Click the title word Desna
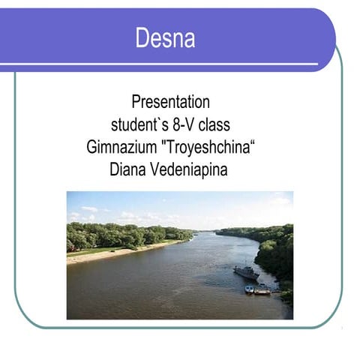click(x=165, y=37)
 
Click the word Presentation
click(x=170, y=102)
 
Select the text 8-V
click(x=185, y=124)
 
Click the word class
click(x=215, y=124)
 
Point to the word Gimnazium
click(x=121, y=147)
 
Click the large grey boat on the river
click(x=246, y=273)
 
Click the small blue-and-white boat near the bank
click(x=249, y=289)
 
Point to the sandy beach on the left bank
click(x=97, y=256)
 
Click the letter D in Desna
click(x=142, y=37)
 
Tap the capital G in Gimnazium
click(x=91, y=147)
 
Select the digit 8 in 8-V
click(x=175, y=124)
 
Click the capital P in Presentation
click(x=136, y=102)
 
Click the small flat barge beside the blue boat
click(x=263, y=291)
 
